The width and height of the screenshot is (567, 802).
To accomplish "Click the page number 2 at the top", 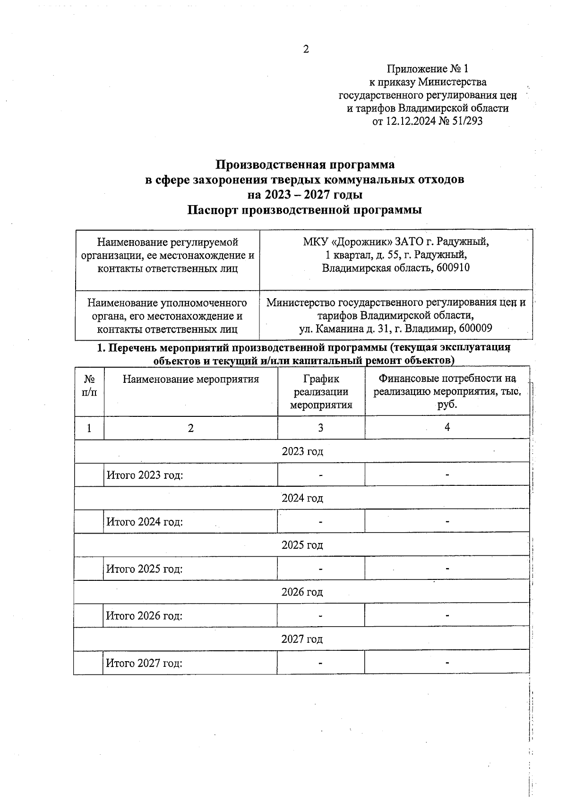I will [x=306, y=49].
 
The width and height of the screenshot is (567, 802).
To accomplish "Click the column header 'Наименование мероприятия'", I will [x=191, y=379].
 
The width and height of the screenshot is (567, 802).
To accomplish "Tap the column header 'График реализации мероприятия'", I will [x=321, y=392].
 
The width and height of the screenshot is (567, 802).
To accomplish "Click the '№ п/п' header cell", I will [x=89, y=386].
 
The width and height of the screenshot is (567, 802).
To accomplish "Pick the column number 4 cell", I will [x=447, y=427].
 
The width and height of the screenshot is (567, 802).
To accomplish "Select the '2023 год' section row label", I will [x=302, y=451].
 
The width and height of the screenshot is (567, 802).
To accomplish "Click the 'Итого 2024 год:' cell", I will [x=145, y=522].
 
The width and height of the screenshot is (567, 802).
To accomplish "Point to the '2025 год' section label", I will [x=302, y=545].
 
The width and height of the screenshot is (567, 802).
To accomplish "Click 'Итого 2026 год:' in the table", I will [x=145, y=616].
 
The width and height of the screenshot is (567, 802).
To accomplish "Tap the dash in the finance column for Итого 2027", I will [x=447, y=663].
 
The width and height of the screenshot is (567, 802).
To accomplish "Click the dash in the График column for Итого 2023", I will [x=321, y=475].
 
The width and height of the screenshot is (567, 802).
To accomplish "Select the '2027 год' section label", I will [x=302, y=639].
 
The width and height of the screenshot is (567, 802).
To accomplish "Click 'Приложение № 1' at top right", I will [x=428, y=69].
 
